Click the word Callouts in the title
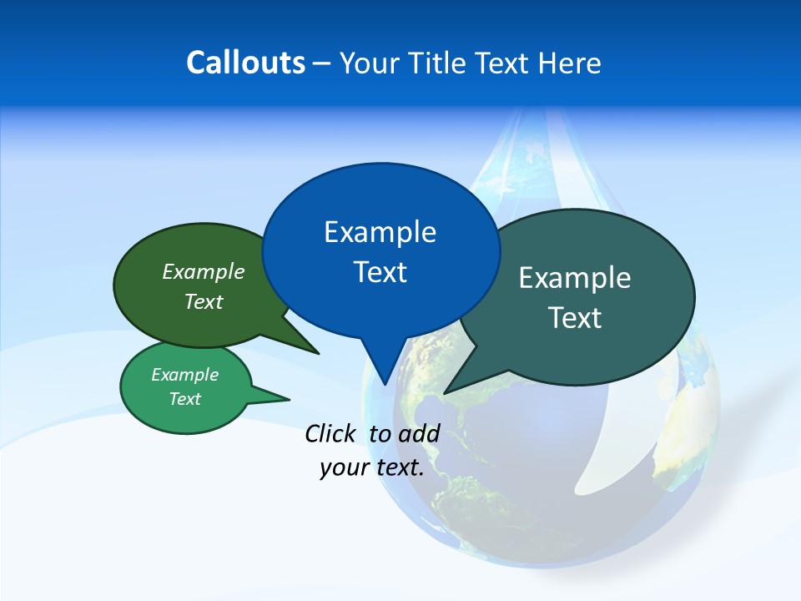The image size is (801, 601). tap(246, 63)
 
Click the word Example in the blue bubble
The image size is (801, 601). tap(380, 232)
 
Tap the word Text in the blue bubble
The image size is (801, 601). tap(380, 272)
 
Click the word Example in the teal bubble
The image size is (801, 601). tap(575, 278)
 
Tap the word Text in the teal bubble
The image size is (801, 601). tap(575, 318)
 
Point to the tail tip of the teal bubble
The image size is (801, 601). tap(446, 392)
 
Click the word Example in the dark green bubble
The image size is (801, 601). tap(204, 272)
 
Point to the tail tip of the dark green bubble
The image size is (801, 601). tap(318, 353)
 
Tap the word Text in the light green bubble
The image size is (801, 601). tap(185, 399)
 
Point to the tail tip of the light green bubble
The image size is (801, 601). tap(289, 398)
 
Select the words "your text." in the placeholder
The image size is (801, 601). tap(372, 467)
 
